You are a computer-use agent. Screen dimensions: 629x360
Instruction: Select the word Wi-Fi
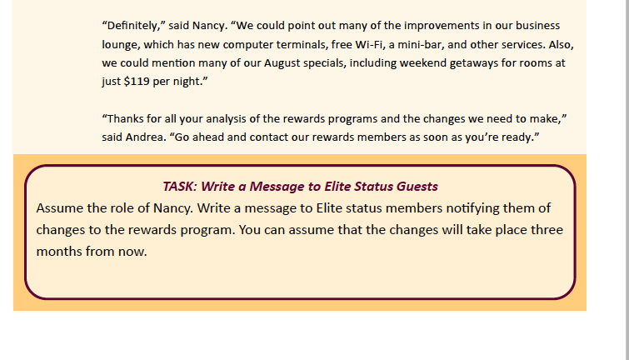369,44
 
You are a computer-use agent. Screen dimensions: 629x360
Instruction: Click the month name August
282,63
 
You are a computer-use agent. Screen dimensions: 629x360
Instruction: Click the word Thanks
126,119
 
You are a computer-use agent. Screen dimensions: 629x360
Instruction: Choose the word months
56,252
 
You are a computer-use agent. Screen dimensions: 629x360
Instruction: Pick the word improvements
442,26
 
